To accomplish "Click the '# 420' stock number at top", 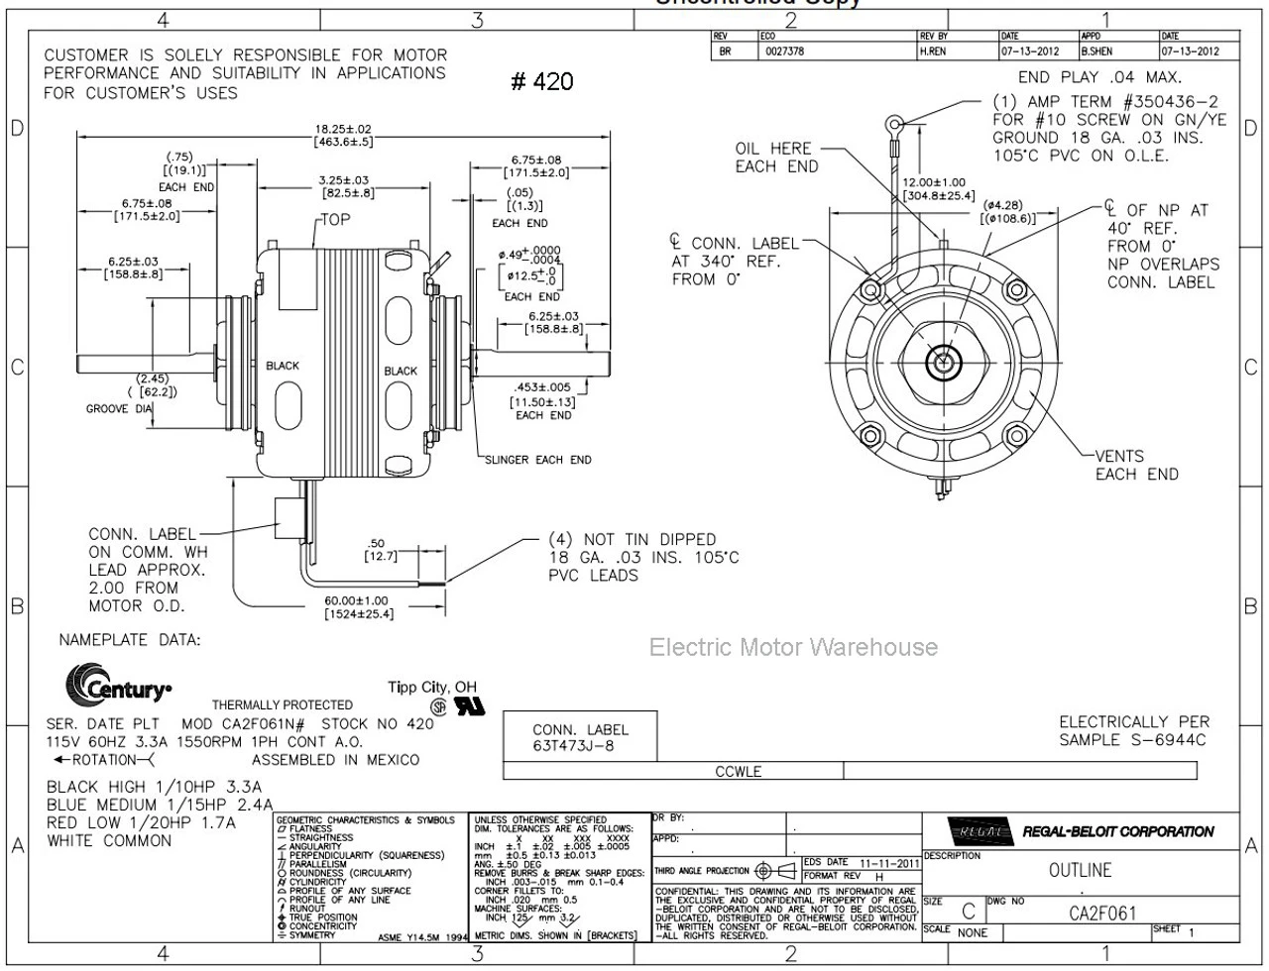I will coord(541,81).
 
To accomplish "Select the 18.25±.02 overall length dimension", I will coord(343,130).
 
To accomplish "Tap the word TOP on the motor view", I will coord(335,219).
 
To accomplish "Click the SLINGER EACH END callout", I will coord(537,460).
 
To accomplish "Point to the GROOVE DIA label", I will coord(119,408).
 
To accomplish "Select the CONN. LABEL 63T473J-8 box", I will coord(580,737).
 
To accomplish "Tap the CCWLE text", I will coord(739,772).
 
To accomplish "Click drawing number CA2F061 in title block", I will coord(1102,914).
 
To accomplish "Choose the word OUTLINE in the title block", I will coord(1080,870).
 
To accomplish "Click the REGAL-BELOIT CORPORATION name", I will coord(1117,832).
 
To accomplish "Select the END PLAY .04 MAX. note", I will coord(1099,77).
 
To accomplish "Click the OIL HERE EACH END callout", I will coord(776,158).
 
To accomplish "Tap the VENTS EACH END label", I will coord(1136,465).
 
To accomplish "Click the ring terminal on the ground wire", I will coord(895,125).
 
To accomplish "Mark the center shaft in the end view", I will coord(939,364).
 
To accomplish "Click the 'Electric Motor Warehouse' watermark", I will coord(793,647).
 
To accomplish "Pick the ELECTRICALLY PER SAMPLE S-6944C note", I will coord(1133,730).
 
